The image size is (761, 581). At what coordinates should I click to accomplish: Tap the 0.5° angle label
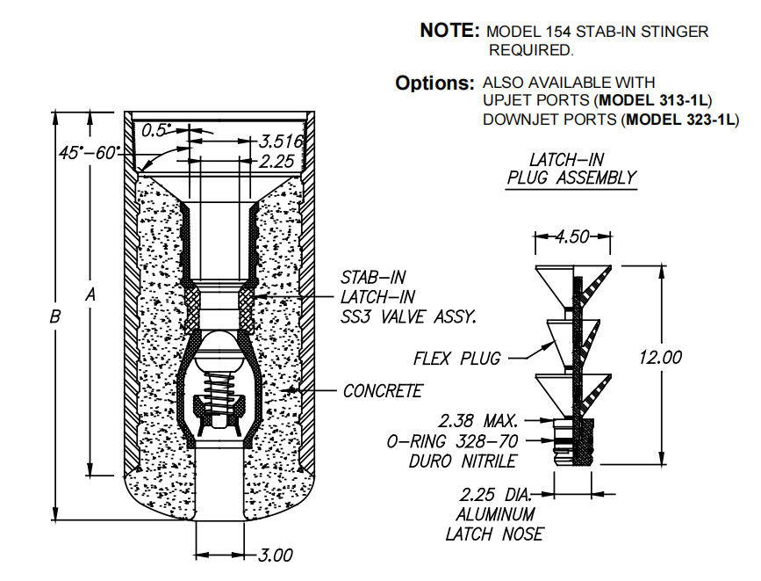coord(159,130)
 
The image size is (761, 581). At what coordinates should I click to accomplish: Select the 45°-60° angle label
coord(88,152)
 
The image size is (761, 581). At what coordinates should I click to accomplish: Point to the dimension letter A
coord(90,297)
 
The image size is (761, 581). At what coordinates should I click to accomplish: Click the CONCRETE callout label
coord(383,391)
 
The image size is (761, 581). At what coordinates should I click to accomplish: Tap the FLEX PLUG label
coord(456,358)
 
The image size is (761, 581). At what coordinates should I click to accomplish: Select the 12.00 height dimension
coord(661,358)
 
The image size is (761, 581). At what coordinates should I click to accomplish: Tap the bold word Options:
coord(434,84)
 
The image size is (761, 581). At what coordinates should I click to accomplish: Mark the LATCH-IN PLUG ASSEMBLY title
coord(571,169)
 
